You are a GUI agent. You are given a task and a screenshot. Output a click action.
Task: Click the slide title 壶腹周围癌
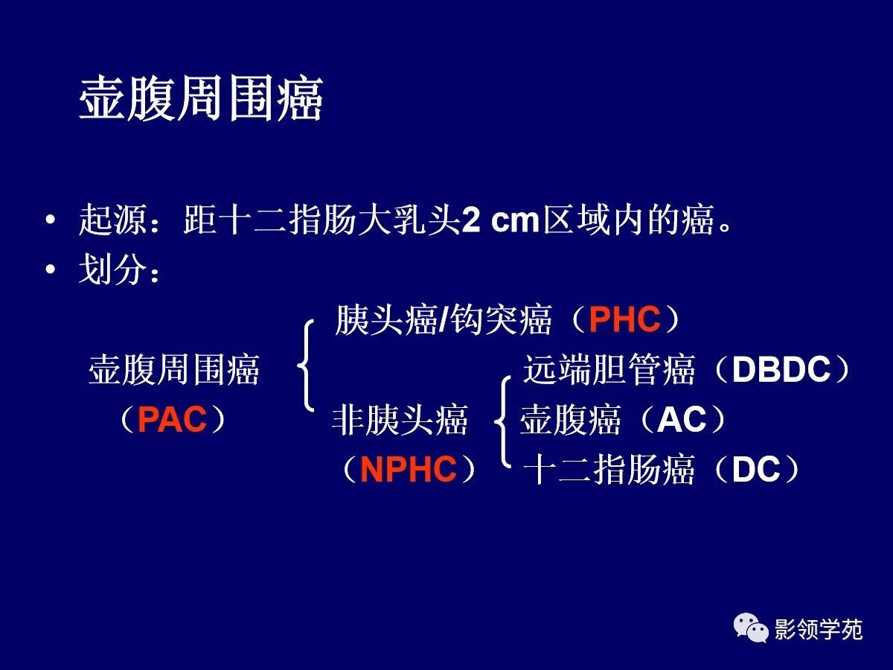[201, 98]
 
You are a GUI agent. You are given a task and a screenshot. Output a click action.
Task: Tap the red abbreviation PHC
[625, 319]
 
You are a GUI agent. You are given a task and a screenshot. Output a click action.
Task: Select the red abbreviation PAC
[173, 419]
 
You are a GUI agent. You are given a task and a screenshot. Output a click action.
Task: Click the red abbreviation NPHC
[409, 469]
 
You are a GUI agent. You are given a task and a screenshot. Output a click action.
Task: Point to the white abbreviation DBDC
[781, 369]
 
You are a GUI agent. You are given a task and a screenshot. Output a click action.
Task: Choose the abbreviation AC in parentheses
[682, 419]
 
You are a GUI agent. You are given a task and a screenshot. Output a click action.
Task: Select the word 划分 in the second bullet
[112, 269]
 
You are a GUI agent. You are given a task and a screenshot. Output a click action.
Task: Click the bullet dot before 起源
[51, 220]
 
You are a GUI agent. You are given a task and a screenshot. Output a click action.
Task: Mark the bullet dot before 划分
[51, 269]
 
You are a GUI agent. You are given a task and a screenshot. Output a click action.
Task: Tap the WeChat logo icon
[751, 628]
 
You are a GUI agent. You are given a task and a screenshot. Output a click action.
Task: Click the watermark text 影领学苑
[818, 629]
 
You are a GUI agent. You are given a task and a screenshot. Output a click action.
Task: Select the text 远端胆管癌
[609, 369]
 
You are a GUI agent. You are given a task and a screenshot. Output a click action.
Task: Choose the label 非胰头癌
[400, 419]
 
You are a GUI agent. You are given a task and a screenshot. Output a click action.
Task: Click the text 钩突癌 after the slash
[502, 319]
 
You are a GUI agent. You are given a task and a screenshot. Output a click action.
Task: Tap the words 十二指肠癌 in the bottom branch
[609, 469]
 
